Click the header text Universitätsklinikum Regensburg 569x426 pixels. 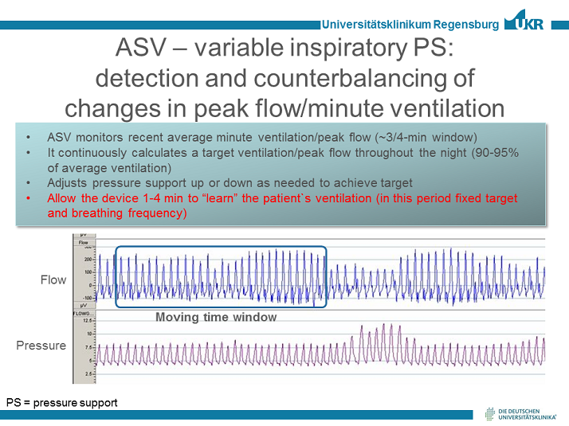click(x=410, y=25)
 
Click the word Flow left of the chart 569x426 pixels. click(x=53, y=279)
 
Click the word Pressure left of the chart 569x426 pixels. click(x=41, y=346)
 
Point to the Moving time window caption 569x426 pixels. click(x=216, y=317)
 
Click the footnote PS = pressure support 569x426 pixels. click(x=61, y=402)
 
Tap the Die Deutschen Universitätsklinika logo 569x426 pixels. click(x=521, y=412)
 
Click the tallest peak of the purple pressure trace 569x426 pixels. click(x=390, y=325)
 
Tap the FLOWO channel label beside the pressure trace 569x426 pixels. click(x=82, y=314)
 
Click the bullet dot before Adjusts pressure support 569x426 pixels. click(x=29, y=182)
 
